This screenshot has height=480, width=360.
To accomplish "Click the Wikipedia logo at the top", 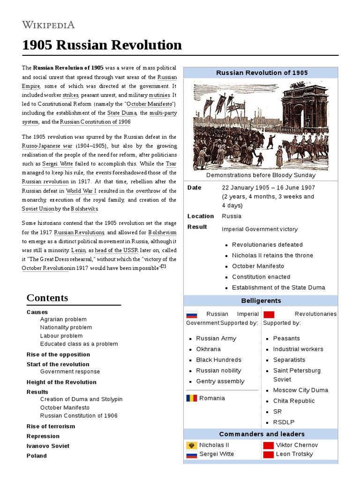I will [x=48, y=25].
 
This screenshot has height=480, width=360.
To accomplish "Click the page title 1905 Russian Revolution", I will [x=102, y=45].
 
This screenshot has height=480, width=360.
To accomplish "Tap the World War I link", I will [x=81, y=191].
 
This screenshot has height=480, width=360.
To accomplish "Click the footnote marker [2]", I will [x=163, y=267].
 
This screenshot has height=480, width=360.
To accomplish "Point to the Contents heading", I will [x=47, y=298].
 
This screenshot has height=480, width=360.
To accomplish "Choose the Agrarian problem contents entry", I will [x=63, y=319].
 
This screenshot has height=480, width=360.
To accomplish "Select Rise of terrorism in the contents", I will [x=51, y=426].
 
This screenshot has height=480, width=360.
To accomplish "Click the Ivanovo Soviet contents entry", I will [x=48, y=446].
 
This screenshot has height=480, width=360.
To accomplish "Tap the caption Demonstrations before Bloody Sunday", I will [x=261, y=175].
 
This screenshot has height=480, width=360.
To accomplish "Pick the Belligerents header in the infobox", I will [x=261, y=300].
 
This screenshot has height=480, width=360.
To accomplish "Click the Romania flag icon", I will [x=191, y=398].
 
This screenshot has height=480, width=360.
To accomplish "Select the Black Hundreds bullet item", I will [x=218, y=360].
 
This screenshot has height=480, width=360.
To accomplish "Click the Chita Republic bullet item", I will [x=294, y=401].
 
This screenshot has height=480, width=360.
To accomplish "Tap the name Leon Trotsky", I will [x=294, y=454].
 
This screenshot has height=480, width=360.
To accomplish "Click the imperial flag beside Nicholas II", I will [x=191, y=445].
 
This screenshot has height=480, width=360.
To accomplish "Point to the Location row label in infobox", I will [x=201, y=216].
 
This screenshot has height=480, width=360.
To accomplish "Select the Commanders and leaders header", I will [x=261, y=434].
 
